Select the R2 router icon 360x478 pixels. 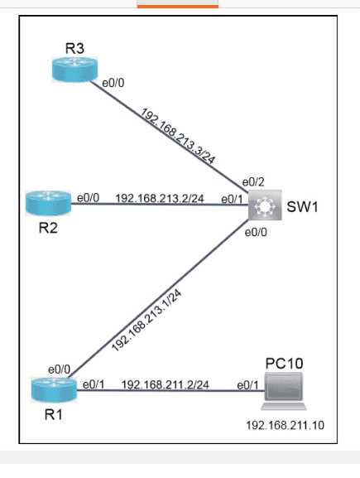pyautogui.click(x=43, y=200)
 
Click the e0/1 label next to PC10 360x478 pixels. pyautogui.click(x=247, y=384)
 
